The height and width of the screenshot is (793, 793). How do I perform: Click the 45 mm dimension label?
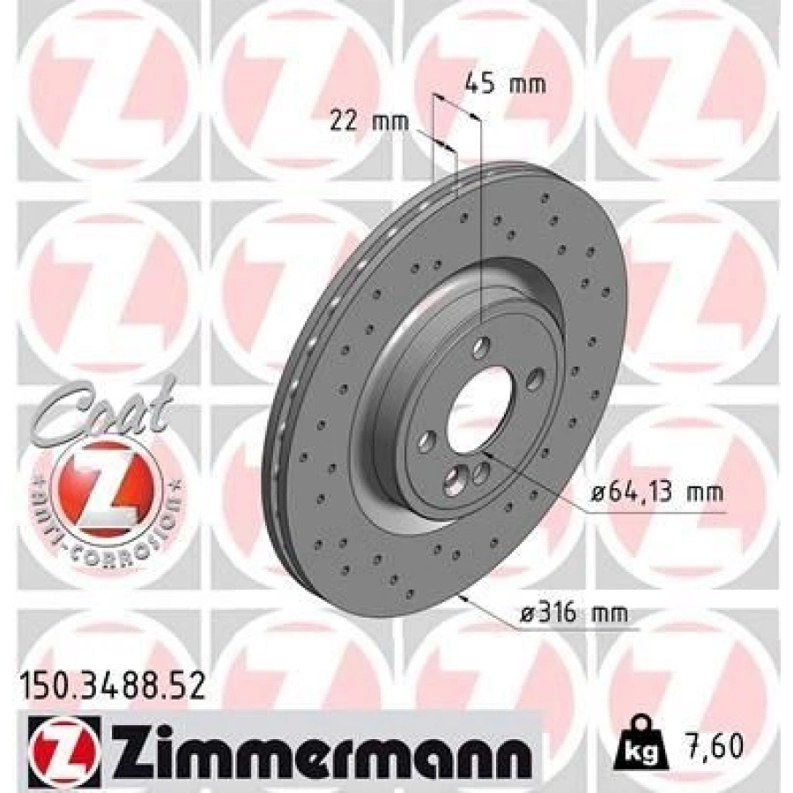point(505,85)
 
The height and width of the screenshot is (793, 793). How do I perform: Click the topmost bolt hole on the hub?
point(480,347)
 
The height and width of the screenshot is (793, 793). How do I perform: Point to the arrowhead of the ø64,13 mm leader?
point(485,455)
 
